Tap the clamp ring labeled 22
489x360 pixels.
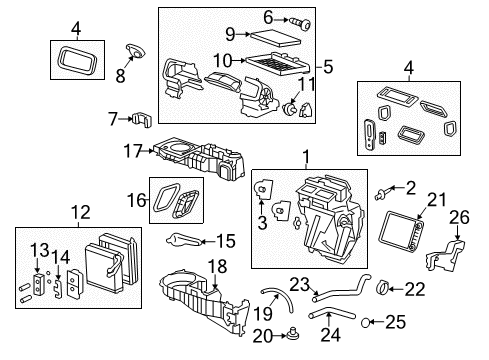(x=387, y=290)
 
